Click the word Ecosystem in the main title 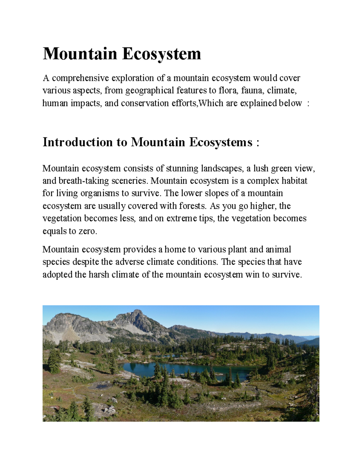coord(161,54)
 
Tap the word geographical coord(150,91)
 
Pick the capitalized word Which coord(211,103)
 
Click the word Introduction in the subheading coord(78,142)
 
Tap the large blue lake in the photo coord(181,369)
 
